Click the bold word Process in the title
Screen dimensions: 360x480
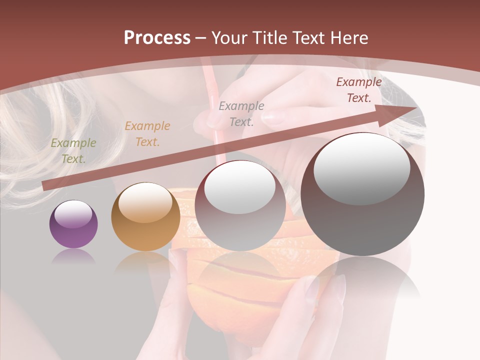tap(157, 38)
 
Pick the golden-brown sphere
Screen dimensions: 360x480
tap(145, 216)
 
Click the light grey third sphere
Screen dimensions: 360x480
tap(240, 206)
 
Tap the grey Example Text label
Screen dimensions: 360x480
tap(241, 113)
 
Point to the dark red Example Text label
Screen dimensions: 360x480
tap(358, 90)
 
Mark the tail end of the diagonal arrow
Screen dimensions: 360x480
tap(45, 186)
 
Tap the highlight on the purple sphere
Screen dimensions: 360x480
tap(73, 214)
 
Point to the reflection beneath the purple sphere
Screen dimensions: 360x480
tap(73, 256)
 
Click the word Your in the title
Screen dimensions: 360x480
tap(227, 38)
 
